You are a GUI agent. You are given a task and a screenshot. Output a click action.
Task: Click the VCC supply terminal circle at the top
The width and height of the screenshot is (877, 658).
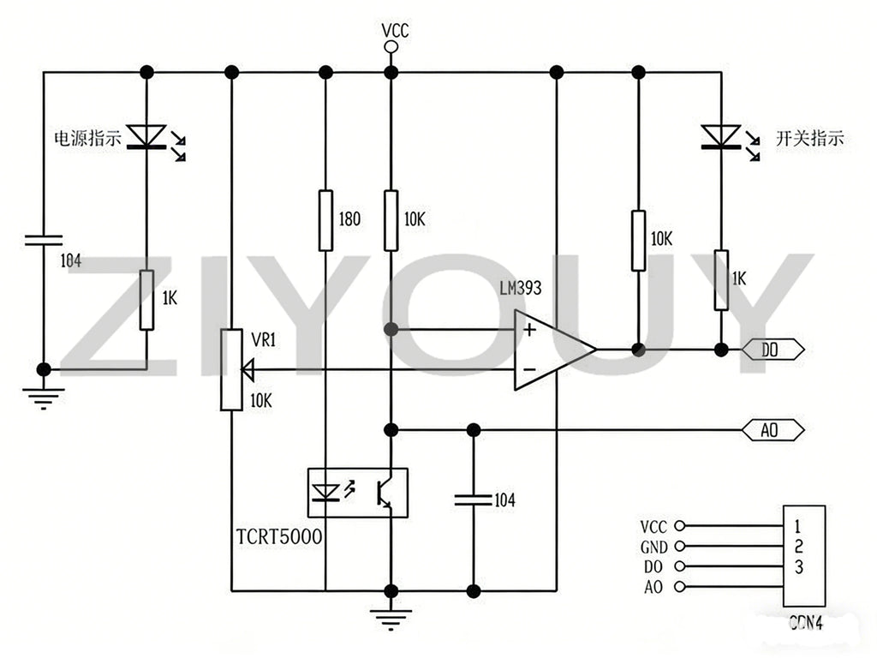tap(391, 47)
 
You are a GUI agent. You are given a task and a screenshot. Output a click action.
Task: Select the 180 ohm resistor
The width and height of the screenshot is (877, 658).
tap(325, 220)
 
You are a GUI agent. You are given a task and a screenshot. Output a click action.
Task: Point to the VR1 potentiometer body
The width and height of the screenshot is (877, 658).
tap(231, 370)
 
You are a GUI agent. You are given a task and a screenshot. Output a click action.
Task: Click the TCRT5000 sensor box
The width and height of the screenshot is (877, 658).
tap(358, 493)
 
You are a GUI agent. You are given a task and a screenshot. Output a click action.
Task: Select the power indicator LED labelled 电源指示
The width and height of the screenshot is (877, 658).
tap(146, 137)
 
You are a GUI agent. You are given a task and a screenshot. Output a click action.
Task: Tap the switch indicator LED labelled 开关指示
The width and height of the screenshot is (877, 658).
tap(721, 137)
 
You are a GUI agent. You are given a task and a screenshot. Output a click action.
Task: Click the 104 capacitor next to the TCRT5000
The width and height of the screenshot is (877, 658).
tap(474, 499)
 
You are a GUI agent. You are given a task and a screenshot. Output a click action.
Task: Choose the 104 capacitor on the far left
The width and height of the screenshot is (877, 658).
tap(44, 241)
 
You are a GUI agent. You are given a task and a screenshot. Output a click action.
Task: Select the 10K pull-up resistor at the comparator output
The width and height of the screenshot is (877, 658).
tap(638, 241)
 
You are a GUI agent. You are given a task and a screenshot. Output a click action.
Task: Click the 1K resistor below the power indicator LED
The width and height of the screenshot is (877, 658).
tap(146, 300)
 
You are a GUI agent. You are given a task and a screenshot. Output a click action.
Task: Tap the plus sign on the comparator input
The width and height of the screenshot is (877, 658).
tap(529, 330)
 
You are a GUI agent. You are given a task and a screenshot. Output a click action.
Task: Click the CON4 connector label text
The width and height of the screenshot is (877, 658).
tap(806, 623)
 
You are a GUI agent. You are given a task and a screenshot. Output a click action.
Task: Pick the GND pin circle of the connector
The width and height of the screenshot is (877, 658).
tap(679, 546)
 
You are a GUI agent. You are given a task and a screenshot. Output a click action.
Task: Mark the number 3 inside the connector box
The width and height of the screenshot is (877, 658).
tap(799, 567)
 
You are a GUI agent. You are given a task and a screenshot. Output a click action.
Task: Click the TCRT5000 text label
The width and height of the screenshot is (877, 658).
tap(279, 536)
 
